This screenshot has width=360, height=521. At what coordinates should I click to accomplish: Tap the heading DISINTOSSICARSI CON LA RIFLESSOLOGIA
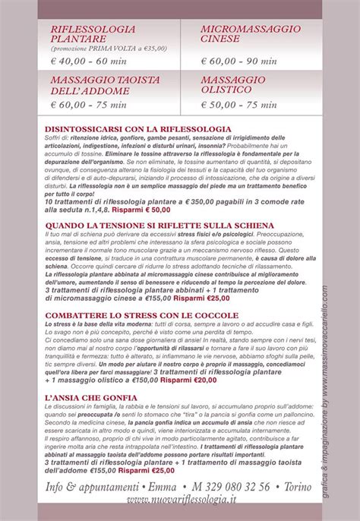point(137,129)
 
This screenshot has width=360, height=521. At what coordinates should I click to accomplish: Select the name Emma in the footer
point(159,488)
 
